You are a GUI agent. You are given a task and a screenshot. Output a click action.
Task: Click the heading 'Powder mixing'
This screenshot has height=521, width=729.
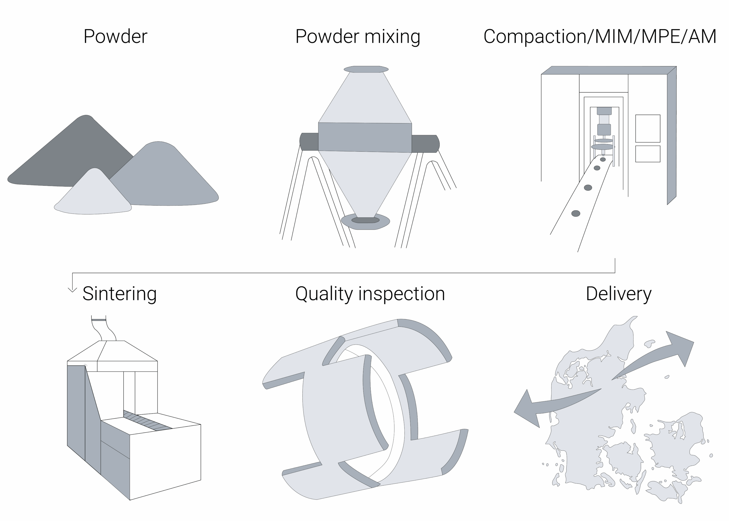[358, 37]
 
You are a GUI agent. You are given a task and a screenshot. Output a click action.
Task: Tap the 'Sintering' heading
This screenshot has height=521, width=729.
[120, 293]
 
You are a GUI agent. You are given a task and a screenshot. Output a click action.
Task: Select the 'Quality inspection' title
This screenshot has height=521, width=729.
[370, 293]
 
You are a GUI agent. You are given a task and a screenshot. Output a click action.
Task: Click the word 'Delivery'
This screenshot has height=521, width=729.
[618, 293]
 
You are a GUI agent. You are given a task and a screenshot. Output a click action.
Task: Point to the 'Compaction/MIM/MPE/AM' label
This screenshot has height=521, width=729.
[600, 37]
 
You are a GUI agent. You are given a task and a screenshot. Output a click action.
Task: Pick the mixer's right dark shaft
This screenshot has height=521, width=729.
[424, 143]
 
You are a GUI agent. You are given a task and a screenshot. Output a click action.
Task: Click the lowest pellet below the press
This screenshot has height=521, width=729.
[576, 213]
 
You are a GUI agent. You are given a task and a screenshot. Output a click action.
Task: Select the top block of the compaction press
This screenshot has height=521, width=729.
[604, 111]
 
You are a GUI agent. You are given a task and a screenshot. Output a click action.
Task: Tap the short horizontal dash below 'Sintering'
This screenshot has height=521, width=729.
[99, 320]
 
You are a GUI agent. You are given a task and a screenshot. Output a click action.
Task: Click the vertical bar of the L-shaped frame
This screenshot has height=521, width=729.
[671, 135]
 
